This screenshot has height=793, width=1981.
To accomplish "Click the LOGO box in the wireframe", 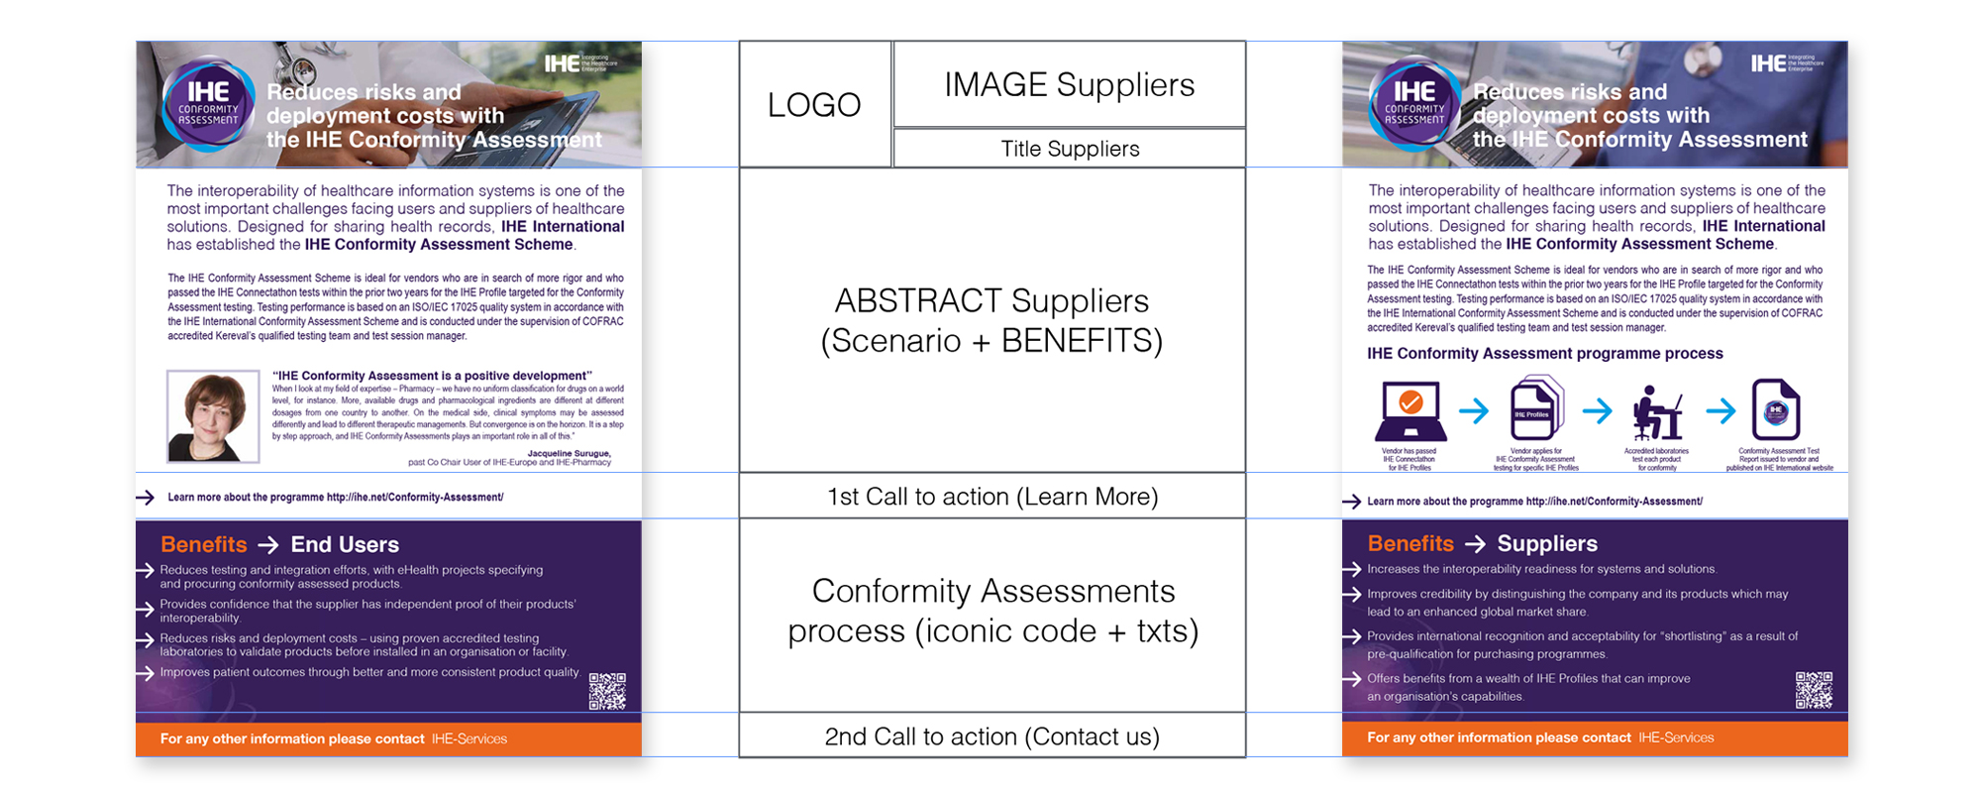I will pyautogui.click(x=814, y=104).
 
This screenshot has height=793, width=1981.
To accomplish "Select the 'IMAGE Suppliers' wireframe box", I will pyautogui.click(x=1069, y=85).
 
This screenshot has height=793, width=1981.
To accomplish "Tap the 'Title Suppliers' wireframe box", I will pyautogui.click(x=1069, y=149).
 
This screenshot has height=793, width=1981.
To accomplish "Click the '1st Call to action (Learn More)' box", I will pyautogui.click(x=992, y=496).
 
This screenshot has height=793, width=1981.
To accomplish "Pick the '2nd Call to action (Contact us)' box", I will pyautogui.click(x=992, y=736).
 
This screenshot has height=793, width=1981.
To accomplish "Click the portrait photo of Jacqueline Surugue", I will pyautogui.click(x=213, y=416).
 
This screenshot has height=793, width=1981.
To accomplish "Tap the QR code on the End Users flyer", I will pyautogui.click(x=607, y=691).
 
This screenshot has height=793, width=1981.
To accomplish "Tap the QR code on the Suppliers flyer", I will pyautogui.click(x=1814, y=690).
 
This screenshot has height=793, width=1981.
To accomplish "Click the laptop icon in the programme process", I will pyautogui.click(x=1410, y=411).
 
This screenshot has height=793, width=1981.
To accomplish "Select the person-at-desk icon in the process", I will pyautogui.click(x=1657, y=411).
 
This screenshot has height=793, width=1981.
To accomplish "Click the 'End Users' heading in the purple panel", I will pyautogui.click(x=345, y=544).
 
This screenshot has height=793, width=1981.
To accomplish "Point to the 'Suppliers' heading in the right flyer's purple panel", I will pyautogui.click(x=1547, y=543).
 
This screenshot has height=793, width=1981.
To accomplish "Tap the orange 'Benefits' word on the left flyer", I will pyautogui.click(x=204, y=544).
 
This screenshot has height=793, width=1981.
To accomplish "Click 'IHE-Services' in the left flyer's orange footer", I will pyautogui.click(x=469, y=738).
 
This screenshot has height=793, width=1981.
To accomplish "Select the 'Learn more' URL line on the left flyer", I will pyautogui.click(x=336, y=498).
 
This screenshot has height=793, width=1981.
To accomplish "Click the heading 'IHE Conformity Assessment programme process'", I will pyautogui.click(x=1544, y=354).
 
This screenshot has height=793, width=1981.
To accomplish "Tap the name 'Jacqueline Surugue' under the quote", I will pyautogui.click(x=569, y=454).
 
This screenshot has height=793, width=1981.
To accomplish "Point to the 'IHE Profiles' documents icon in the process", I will pyautogui.click(x=1535, y=408).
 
